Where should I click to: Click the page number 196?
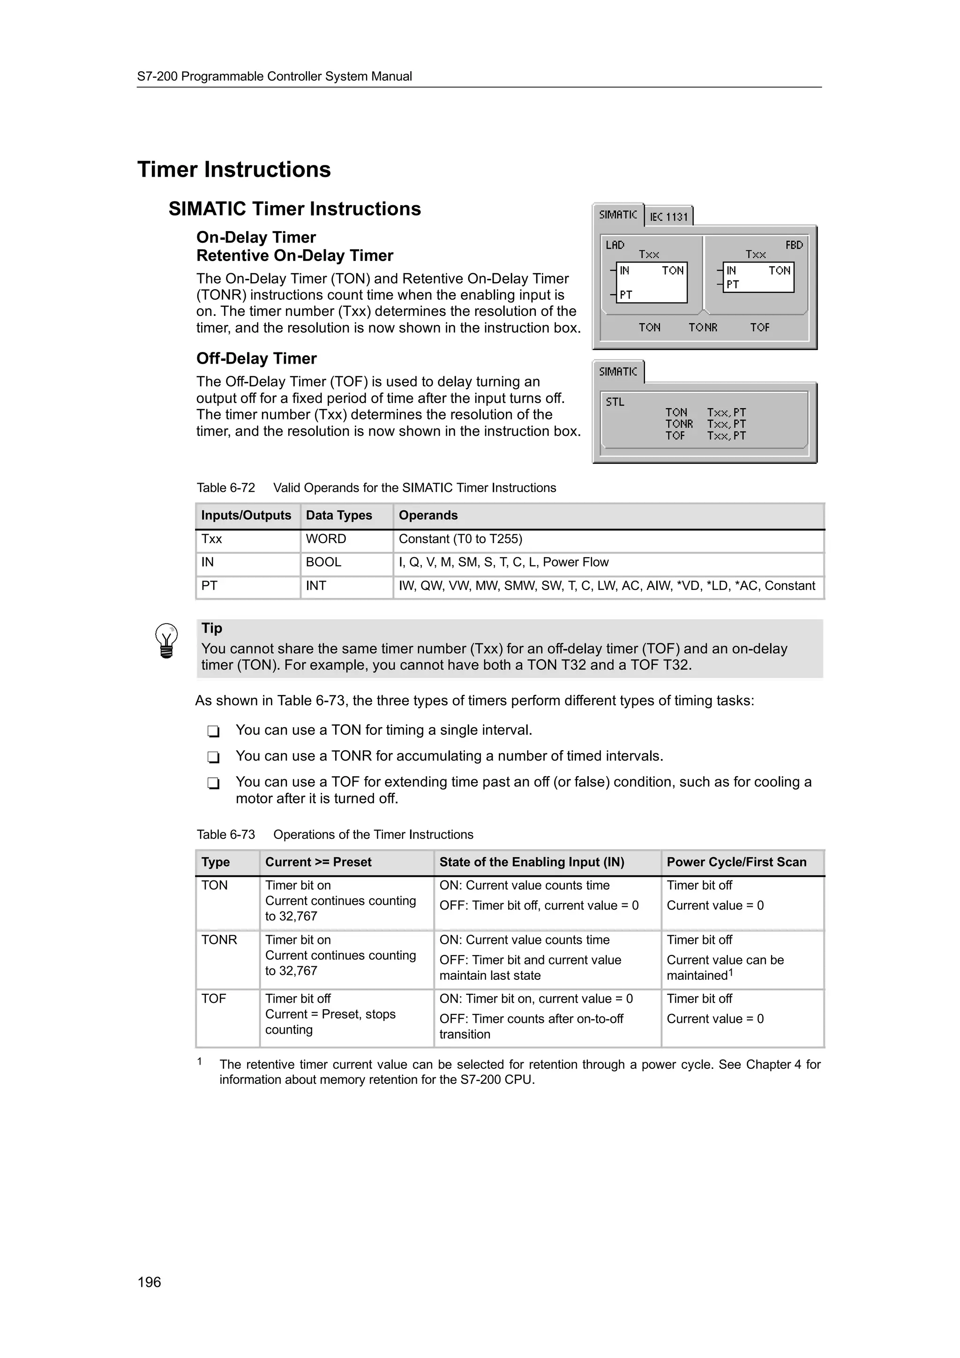tap(149, 1282)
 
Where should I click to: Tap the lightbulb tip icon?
tap(166, 641)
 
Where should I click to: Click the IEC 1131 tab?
tap(668, 216)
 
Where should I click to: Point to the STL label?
tap(615, 402)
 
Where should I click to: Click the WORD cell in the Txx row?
tap(326, 539)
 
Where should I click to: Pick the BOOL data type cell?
tap(323, 562)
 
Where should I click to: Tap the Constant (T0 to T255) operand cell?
tap(460, 539)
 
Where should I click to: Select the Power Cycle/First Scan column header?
tap(736, 862)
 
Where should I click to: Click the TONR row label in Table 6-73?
tap(219, 940)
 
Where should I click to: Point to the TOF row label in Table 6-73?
tap(214, 999)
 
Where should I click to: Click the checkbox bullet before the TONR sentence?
tap(214, 757)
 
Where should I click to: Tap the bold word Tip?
tap(212, 628)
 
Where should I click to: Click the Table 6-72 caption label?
tap(225, 488)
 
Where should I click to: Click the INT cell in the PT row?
tap(316, 586)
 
